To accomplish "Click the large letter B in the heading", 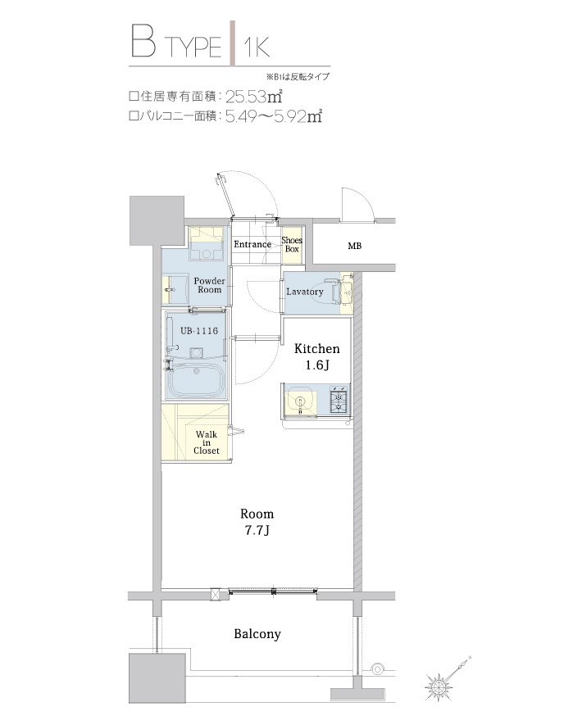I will click(x=143, y=43).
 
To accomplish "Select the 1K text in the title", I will click(x=256, y=46).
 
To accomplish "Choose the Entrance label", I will click(x=252, y=244).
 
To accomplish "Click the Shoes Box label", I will click(x=292, y=244).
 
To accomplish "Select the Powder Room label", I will click(x=209, y=285).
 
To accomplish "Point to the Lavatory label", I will click(x=305, y=292).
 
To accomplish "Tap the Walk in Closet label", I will click(x=206, y=442).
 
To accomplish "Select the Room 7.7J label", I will click(x=257, y=521).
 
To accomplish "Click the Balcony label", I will click(x=257, y=634).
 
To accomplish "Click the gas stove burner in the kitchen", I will click(x=338, y=401).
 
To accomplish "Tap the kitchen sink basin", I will click(x=300, y=402).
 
